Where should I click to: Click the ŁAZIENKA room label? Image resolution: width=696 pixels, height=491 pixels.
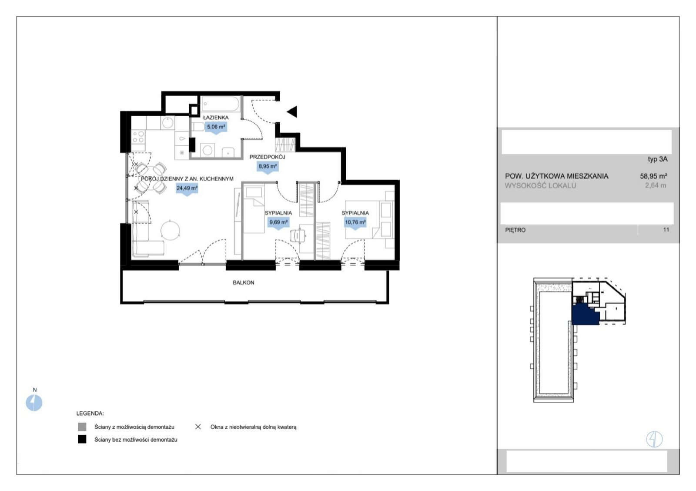coord(216,118)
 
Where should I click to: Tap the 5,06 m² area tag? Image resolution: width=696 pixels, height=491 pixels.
coord(216,127)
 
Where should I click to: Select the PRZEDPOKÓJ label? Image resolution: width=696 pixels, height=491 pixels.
coord(267,157)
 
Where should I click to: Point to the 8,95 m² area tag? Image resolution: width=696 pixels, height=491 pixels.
coord(268,167)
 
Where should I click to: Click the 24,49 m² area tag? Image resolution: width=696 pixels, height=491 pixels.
coord(187,188)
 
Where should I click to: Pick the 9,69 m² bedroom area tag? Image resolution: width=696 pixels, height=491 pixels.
coord(278,222)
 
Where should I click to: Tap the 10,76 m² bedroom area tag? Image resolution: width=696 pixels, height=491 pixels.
coord(355,222)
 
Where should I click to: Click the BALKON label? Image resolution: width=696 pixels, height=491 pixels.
coord(244,282)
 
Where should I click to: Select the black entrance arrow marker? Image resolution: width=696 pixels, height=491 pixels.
coord(292,111)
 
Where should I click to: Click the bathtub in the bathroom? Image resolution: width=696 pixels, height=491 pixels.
coord(221,104)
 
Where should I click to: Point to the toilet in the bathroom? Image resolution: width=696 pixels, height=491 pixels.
coord(198,127)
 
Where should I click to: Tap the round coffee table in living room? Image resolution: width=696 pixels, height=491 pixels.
coord(170,230)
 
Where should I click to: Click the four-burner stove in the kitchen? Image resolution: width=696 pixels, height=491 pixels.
coord(138,137)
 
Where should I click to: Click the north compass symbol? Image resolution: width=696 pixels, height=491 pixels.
coord(34,403)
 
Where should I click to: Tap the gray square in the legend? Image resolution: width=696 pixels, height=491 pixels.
coord(82,427)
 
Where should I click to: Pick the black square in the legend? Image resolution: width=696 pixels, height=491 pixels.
coord(82,439)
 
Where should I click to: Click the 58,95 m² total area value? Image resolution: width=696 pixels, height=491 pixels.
coord(653,176)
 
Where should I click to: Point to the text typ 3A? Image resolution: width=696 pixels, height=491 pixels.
coord(657,159)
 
